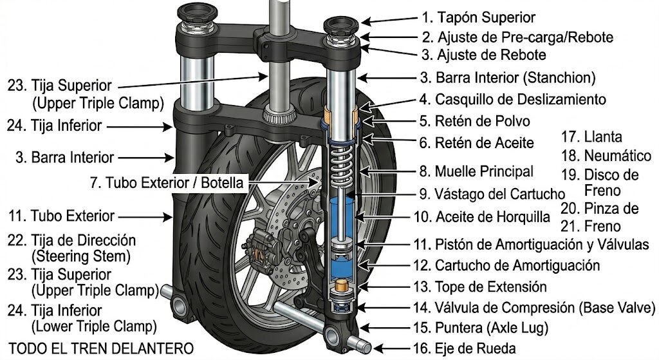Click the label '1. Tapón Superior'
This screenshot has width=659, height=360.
478,17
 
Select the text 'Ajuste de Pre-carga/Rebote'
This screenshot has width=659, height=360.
525,37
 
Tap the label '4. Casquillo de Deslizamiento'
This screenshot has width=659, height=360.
512,100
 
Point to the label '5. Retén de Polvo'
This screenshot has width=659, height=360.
474,121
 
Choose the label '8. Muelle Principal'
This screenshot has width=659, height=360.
476,171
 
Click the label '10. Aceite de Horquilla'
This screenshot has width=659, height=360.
481,217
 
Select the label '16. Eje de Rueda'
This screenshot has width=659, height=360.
465,348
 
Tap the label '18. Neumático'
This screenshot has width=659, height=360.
606,156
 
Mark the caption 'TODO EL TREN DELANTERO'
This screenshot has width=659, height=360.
101,348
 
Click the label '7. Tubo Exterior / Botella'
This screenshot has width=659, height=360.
167,183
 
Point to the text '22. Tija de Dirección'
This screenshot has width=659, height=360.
71,241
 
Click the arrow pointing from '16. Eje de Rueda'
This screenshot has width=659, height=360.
392,348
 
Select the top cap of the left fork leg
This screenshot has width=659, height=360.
197,14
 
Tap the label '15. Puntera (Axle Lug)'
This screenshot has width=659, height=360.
481,328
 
